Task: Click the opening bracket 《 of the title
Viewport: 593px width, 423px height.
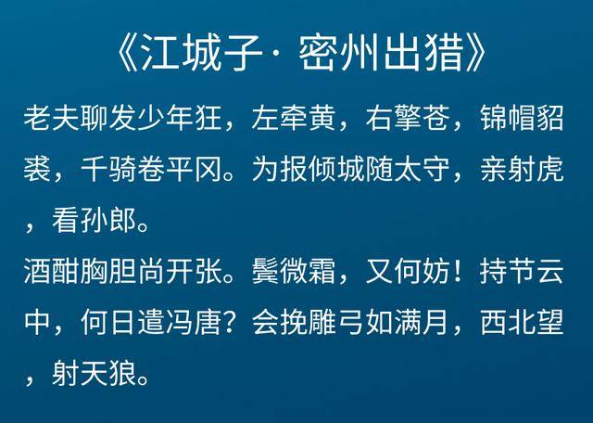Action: tap(128, 55)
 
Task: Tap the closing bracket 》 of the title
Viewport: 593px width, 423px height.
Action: tap(475, 55)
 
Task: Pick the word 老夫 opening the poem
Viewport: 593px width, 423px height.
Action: tap(52, 118)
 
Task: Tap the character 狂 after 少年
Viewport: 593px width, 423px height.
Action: tap(208, 118)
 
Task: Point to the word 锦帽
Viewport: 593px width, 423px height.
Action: tap(508, 118)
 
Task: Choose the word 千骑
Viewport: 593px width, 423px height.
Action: tap(109, 169)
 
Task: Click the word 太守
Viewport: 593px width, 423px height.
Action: tap(423, 169)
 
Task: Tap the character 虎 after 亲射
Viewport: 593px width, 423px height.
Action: tap(550, 169)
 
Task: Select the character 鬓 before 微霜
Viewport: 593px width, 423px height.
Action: tap(266, 272)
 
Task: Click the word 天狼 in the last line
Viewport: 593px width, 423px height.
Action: tap(109, 374)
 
